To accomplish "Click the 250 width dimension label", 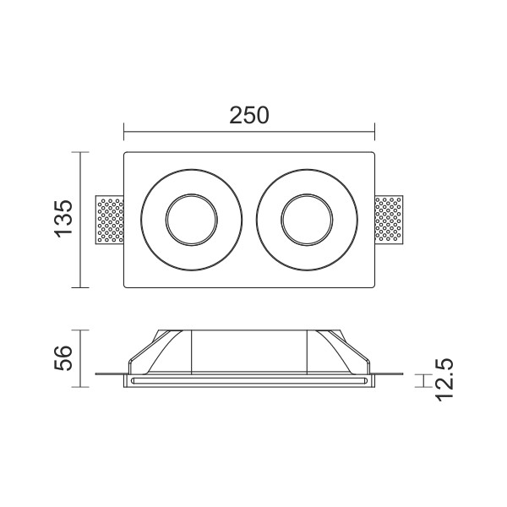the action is pos(249,116).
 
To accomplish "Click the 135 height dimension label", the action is pos(63,219).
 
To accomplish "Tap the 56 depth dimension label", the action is pos(63,358).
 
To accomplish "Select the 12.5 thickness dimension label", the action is pos(444,380).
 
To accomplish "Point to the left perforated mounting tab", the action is pos(110,220).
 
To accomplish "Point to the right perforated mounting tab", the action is pos(389,220).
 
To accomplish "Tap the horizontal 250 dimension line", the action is pos(249,132).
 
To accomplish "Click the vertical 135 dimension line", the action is pos(80,220).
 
